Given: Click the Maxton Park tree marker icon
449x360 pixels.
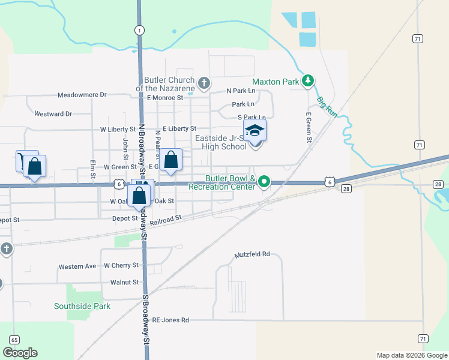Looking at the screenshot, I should click(x=307, y=80).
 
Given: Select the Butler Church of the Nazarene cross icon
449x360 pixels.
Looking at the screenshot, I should click(x=204, y=83).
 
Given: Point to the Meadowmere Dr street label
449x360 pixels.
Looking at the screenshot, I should click(x=82, y=95).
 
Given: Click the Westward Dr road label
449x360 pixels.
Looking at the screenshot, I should click(x=53, y=113).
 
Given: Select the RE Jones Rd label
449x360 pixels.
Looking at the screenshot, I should click(x=170, y=320).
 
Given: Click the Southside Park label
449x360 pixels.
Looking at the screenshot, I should click(x=82, y=306).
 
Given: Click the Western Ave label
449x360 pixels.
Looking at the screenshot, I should click(x=77, y=266).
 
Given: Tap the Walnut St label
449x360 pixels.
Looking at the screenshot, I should click(x=124, y=282).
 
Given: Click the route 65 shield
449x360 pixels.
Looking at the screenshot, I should click(x=14, y=340).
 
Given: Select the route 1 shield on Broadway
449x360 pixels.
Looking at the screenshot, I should click(x=139, y=29).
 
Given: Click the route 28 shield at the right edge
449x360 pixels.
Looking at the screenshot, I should click(x=438, y=184).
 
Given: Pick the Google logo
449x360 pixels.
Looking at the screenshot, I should click(x=20, y=353).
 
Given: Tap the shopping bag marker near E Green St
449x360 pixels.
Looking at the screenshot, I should click(x=171, y=160).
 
